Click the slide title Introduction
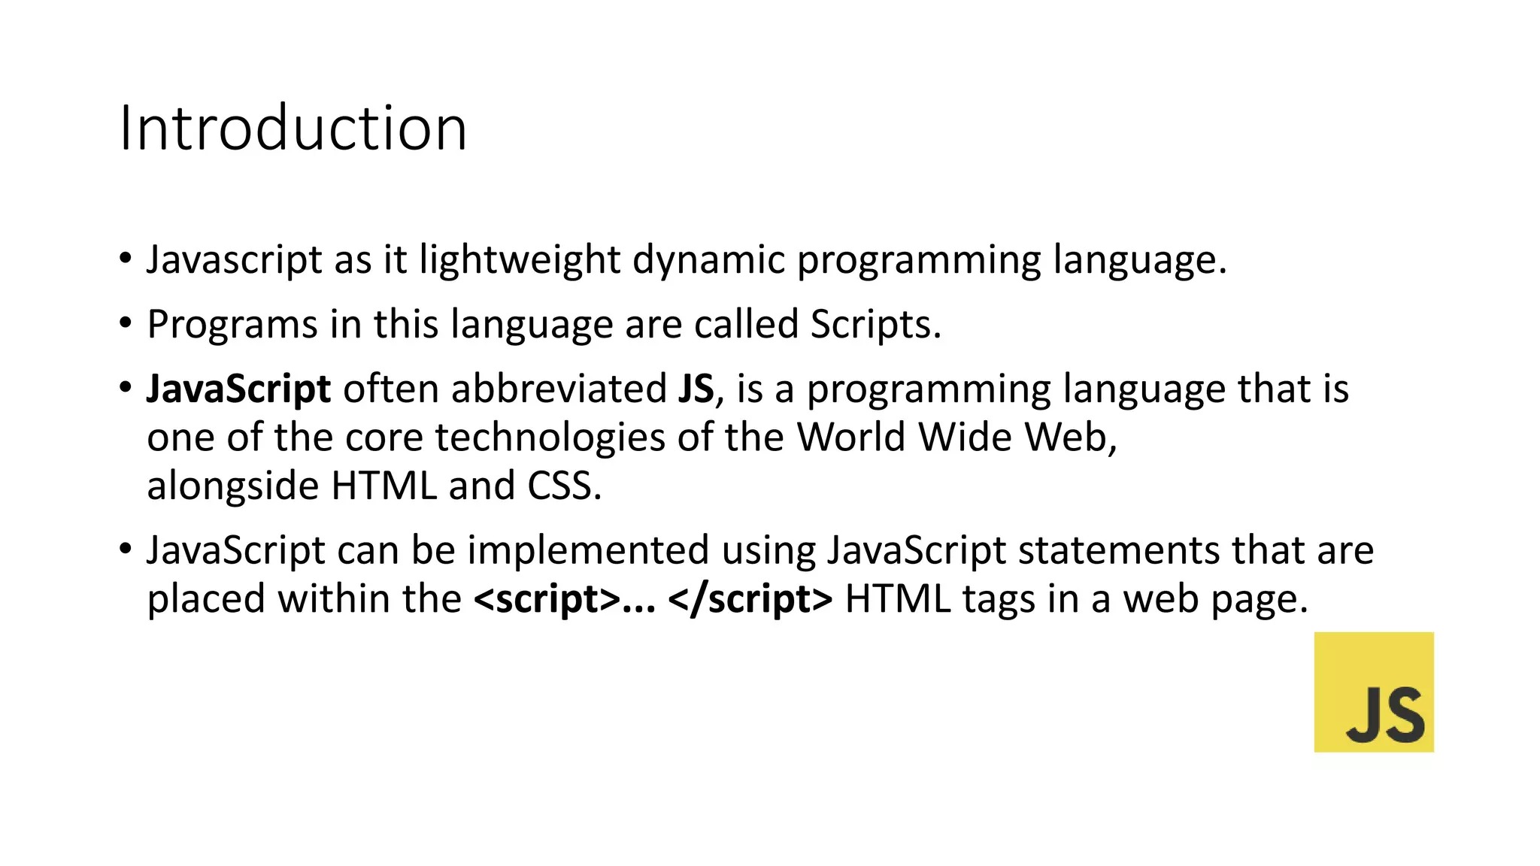click(x=293, y=129)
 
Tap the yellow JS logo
click(x=1374, y=692)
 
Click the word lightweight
click(x=520, y=260)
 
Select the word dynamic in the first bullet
click(x=708, y=260)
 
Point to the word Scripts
click(x=875, y=325)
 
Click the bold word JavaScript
click(x=238, y=389)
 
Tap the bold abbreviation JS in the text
click(x=696, y=389)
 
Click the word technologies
click(x=550, y=438)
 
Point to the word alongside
click(x=233, y=486)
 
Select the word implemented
click(x=588, y=550)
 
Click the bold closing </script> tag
click(x=750, y=599)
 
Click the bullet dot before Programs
click(x=126, y=323)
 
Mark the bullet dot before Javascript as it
click(x=126, y=259)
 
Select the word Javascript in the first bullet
click(x=235, y=260)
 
